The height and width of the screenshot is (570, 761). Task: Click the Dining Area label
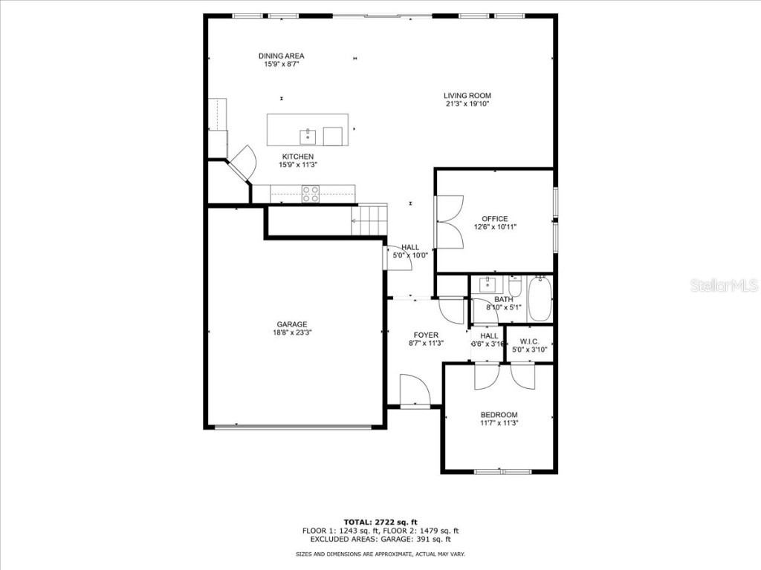pyautogui.click(x=281, y=56)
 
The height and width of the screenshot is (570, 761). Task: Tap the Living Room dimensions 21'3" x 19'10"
pyautogui.click(x=467, y=104)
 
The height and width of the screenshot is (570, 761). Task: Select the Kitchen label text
pyautogui.click(x=297, y=157)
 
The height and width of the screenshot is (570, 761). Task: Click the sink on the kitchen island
pyautogui.click(x=308, y=136)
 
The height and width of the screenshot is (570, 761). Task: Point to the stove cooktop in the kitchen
pyautogui.click(x=310, y=194)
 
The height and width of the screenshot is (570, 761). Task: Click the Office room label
pyautogui.click(x=494, y=219)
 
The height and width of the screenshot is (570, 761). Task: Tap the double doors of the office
pyautogui.click(x=450, y=221)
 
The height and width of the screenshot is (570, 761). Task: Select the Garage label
pyautogui.click(x=292, y=324)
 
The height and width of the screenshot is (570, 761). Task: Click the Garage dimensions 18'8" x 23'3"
pyautogui.click(x=292, y=333)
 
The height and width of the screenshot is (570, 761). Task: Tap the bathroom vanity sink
pyautogui.click(x=488, y=284)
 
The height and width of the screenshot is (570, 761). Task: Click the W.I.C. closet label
pyautogui.click(x=529, y=341)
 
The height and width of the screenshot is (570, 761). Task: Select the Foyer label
pyautogui.click(x=426, y=335)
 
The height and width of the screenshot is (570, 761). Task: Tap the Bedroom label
pyautogui.click(x=499, y=415)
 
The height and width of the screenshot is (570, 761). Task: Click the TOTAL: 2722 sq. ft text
pyautogui.click(x=380, y=521)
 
